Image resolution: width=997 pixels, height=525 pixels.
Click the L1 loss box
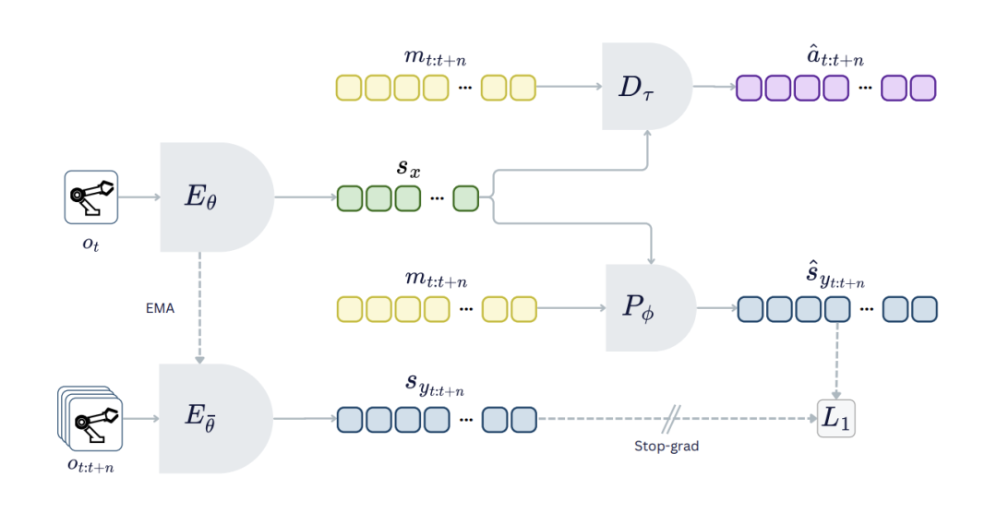coord(836,419)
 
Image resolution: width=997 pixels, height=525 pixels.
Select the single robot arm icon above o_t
coord(91,197)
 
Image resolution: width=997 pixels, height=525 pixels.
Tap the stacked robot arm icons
coord(90,419)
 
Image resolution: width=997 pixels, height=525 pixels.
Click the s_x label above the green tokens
coord(405,167)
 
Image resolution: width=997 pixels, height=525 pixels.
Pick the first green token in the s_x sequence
coord(351,198)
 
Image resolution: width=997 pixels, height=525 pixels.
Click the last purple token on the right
coord(923,88)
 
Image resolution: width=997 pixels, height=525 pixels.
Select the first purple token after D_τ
coord(750,88)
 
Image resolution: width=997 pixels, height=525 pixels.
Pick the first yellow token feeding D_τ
coord(349,88)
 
